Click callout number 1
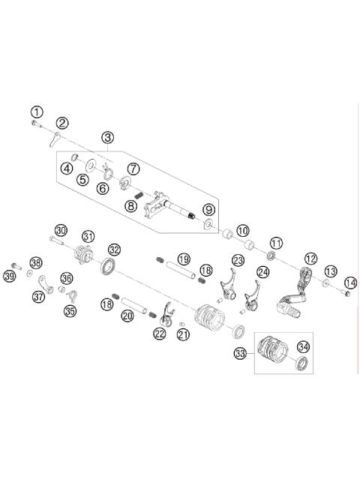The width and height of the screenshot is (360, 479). click(x=37, y=112)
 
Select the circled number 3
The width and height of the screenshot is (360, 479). click(x=109, y=137)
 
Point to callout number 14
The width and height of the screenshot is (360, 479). click(x=349, y=283)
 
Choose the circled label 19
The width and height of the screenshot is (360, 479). click(x=184, y=259)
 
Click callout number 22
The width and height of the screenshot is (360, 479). click(x=159, y=334)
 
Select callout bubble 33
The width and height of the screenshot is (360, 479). click(x=240, y=352)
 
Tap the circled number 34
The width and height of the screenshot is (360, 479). click(x=303, y=346)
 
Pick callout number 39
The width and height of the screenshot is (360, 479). click(x=10, y=277)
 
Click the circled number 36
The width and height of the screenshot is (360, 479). click(x=67, y=278)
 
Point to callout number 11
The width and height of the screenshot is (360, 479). click(x=276, y=243)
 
